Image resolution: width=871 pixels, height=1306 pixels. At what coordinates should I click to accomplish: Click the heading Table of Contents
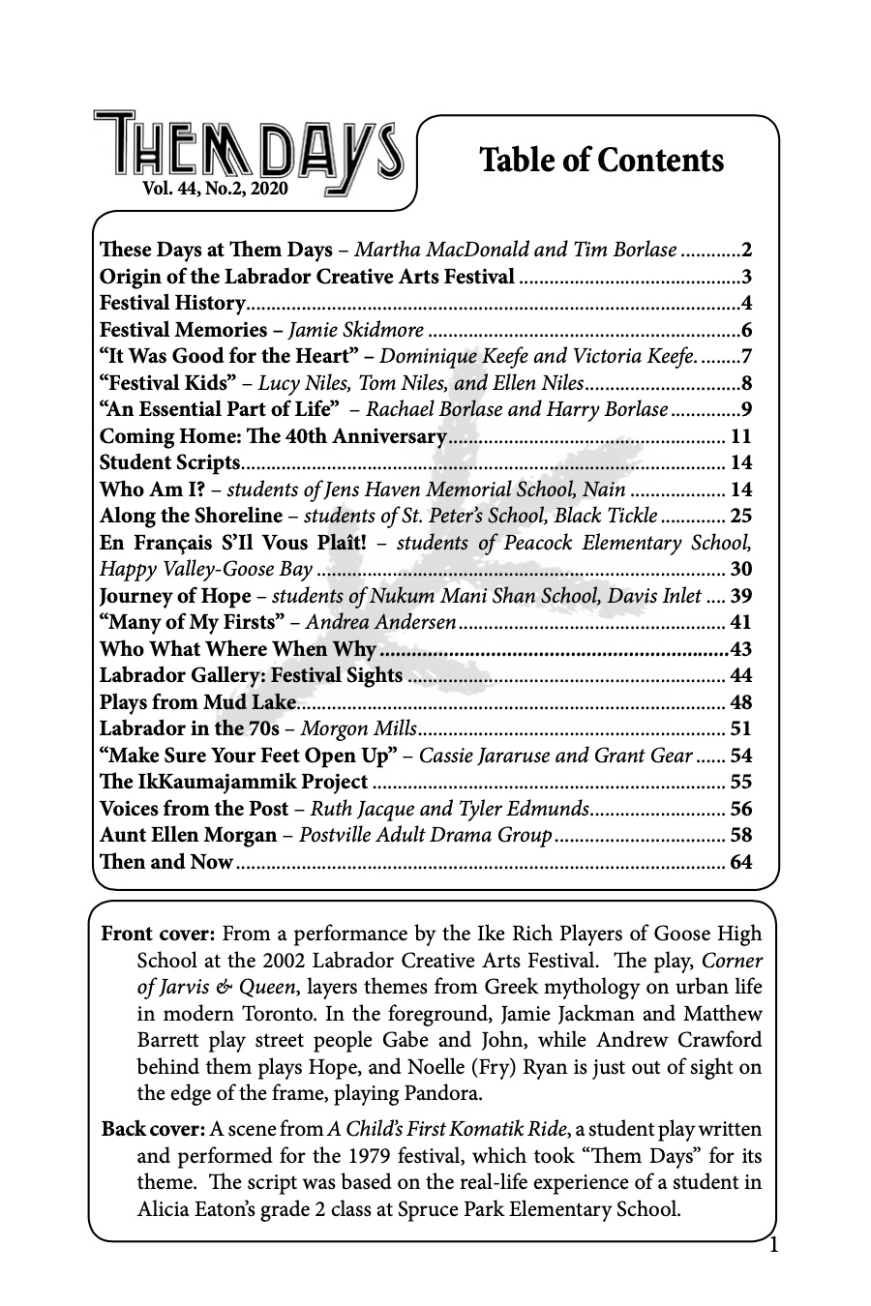(x=601, y=160)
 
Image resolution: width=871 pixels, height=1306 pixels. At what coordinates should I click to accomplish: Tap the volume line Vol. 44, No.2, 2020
(x=215, y=191)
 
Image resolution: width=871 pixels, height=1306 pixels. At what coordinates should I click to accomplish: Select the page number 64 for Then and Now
(x=740, y=862)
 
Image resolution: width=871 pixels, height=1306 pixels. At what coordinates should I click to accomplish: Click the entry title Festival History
(x=171, y=303)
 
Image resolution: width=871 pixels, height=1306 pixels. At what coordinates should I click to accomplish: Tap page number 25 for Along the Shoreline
(x=740, y=516)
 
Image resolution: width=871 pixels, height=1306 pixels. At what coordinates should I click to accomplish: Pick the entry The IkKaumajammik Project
(x=233, y=782)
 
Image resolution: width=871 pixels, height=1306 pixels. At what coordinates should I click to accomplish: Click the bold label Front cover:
(x=159, y=935)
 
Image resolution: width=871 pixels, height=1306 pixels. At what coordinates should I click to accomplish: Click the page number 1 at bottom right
(x=772, y=1245)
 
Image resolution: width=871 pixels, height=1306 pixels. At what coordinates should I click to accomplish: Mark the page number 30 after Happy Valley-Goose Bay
(x=740, y=569)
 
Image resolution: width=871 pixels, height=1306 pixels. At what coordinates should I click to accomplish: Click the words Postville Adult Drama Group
(x=425, y=835)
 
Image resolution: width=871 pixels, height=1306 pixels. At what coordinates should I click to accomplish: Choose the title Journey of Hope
(x=175, y=596)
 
